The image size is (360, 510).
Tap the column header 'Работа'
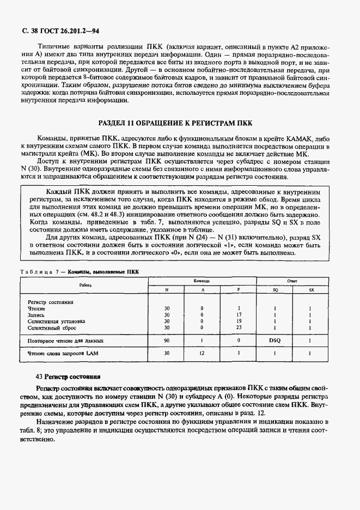(84, 285)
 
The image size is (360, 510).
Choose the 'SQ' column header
(275, 290)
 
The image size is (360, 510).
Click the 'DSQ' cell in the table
(275, 341)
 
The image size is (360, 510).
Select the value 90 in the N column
(167, 341)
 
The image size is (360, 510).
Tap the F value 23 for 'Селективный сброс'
(239, 328)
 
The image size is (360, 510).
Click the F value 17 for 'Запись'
(239, 315)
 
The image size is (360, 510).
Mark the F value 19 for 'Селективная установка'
(239, 321)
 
